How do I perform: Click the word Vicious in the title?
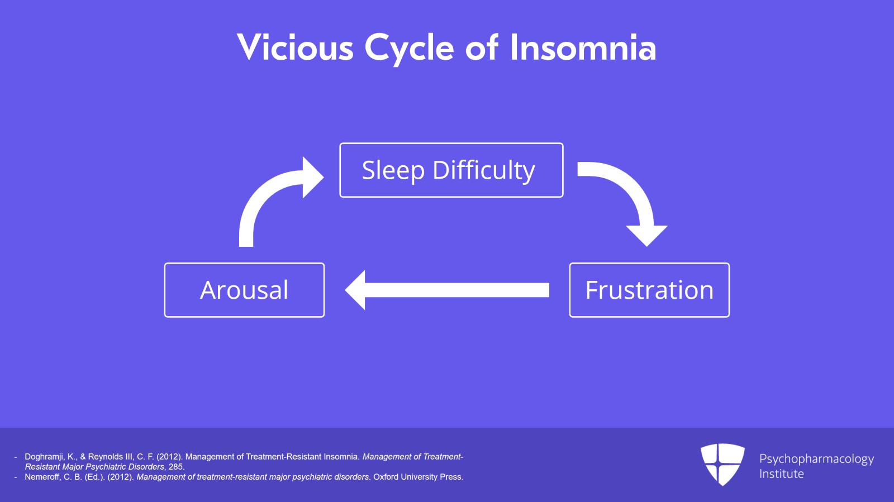[x=295, y=47]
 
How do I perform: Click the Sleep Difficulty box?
[x=451, y=170]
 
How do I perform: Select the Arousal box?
[x=244, y=290]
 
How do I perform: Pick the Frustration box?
[x=649, y=290]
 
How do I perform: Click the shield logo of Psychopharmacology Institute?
[x=722, y=463]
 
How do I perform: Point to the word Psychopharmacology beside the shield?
[x=816, y=459]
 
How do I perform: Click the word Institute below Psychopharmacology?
[x=781, y=474]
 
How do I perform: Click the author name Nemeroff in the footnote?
[x=42, y=477]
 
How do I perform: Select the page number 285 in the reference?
[x=175, y=467]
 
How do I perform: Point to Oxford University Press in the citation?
[x=417, y=477]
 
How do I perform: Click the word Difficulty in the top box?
[x=483, y=170]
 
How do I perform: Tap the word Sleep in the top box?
[x=393, y=170]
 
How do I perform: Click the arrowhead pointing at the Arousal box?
[x=356, y=290]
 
